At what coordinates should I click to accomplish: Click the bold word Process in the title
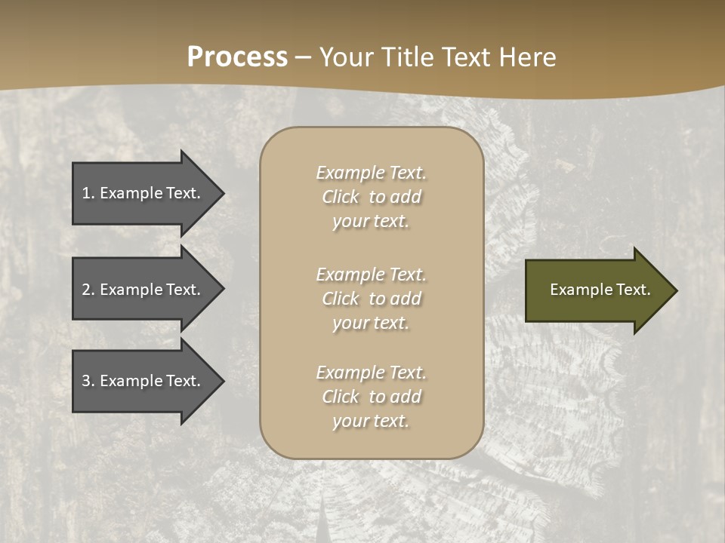coord(237,57)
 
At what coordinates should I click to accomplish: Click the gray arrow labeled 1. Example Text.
coord(143,193)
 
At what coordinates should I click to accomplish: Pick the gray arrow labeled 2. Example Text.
coord(143,290)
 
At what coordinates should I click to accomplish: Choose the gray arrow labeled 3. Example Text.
coord(143,381)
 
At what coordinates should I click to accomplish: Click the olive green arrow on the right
coord(597,290)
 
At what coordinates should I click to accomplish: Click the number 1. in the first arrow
coord(88,193)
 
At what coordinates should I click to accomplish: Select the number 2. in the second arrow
coord(88,290)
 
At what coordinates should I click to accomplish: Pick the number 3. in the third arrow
coord(88,381)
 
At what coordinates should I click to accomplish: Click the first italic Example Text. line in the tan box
coord(371,173)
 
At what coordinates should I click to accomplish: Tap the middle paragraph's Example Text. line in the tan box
coord(371,275)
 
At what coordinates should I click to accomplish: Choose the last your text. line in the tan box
coord(371,421)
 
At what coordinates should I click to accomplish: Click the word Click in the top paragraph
coord(341,197)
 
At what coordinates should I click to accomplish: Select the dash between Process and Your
coord(303,57)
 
